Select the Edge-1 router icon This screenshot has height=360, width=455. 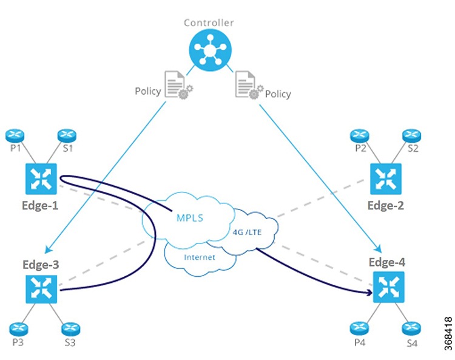click(41, 178)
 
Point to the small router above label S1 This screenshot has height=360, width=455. click(67, 135)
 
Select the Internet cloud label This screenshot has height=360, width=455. click(200, 257)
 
